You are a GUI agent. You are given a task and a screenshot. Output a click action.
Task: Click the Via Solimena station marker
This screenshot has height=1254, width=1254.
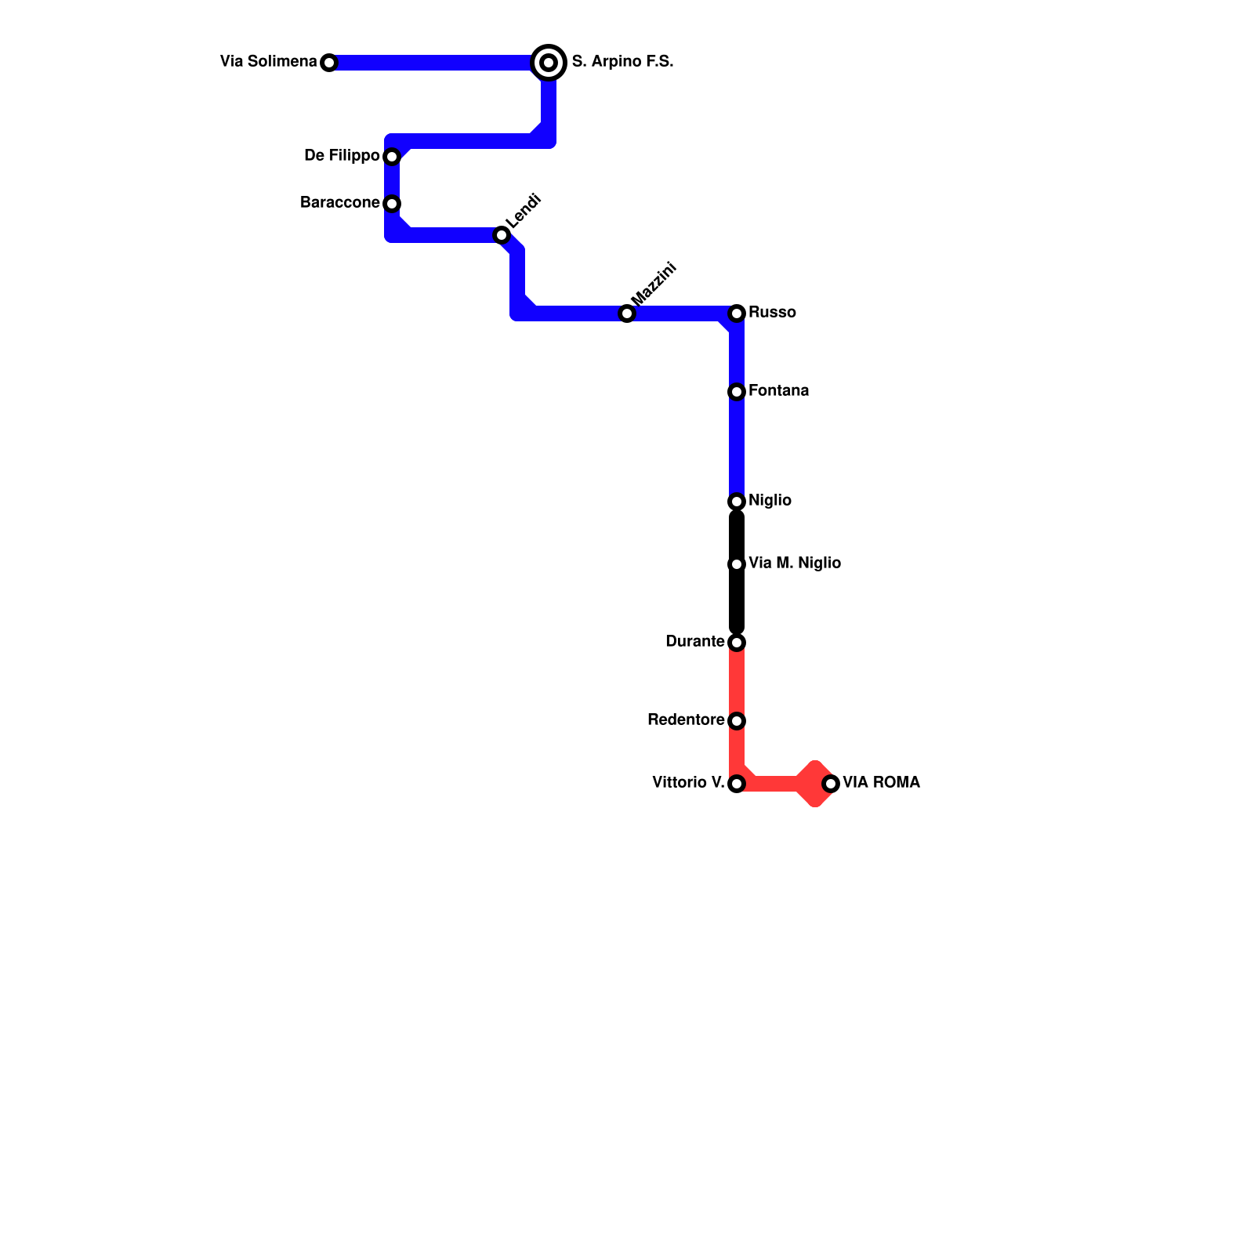click(329, 63)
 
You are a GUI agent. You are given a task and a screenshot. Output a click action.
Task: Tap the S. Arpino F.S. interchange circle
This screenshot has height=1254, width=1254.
click(549, 63)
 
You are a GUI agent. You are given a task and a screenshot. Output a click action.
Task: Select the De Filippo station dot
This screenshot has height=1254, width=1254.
click(392, 157)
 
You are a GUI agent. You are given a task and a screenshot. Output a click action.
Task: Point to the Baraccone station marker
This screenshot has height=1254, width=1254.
click(392, 204)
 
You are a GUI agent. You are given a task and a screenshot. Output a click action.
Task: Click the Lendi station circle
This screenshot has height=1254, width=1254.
click(502, 235)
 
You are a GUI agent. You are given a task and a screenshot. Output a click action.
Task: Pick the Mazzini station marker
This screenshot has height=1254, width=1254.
click(627, 313)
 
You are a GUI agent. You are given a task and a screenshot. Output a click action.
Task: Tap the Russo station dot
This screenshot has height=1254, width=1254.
click(737, 313)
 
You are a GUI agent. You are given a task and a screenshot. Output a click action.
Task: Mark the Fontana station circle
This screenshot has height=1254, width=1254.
click(737, 392)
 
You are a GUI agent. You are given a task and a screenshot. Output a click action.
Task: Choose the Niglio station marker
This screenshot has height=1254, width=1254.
click(737, 502)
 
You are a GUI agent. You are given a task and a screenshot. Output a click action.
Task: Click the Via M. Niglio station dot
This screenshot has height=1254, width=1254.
click(737, 564)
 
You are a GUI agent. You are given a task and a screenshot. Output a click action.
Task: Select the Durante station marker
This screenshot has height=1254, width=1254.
click(737, 643)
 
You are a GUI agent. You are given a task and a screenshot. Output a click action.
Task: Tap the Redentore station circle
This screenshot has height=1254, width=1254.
click(737, 721)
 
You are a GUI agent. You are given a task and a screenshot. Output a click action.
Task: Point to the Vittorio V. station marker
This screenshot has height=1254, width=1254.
click(737, 784)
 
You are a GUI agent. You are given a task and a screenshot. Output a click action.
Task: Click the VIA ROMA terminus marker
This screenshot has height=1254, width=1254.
click(831, 784)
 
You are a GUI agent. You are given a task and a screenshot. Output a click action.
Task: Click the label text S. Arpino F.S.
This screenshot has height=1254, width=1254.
click(622, 61)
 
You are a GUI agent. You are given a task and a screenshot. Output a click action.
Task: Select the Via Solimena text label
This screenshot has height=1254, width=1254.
click(268, 61)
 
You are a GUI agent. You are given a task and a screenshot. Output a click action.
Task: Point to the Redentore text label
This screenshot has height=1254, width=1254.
click(686, 719)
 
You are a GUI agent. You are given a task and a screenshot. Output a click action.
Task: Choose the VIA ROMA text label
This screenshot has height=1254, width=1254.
click(881, 782)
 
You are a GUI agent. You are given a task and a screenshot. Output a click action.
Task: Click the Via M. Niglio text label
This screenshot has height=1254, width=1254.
click(795, 563)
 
